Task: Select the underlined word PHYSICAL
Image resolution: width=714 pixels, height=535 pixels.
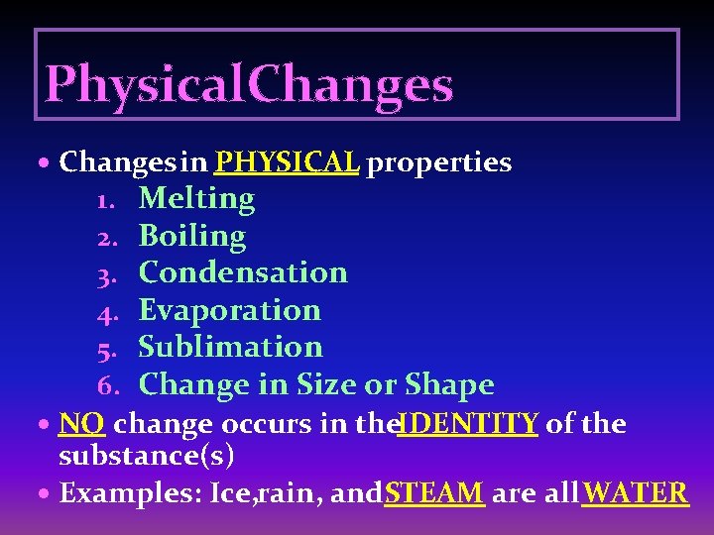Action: (x=287, y=162)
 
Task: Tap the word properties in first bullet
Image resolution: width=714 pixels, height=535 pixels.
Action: (x=439, y=162)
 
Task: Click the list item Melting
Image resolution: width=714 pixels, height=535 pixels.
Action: (x=196, y=199)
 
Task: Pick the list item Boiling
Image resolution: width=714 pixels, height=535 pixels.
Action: (x=192, y=237)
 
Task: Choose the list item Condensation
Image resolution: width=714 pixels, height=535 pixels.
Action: (x=243, y=272)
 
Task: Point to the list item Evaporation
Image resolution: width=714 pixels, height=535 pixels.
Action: (x=230, y=310)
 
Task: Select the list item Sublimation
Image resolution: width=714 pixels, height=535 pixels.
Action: (x=230, y=347)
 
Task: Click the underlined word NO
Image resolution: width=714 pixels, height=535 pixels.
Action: (x=81, y=424)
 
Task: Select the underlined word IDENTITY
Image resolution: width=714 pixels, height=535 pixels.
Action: (x=468, y=424)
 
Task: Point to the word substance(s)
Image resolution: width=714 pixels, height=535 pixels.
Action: (x=146, y=457)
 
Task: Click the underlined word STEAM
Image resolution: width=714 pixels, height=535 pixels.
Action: (x=434, y=492)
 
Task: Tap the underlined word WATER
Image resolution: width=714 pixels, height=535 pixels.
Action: (x=635, y=492)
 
